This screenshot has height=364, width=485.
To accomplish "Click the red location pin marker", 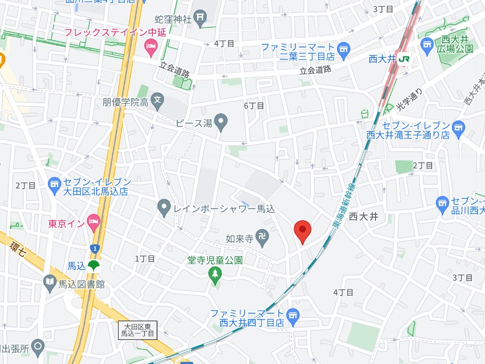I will click(303, 231).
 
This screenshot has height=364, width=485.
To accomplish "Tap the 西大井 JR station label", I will click(390, 59).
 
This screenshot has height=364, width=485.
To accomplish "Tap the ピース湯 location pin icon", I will click(221, 122).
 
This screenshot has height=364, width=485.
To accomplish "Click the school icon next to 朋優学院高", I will click(157, 99).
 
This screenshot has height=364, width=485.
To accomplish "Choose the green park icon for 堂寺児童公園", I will click(215, 274).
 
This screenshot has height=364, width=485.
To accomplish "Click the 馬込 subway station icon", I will click(93, 265).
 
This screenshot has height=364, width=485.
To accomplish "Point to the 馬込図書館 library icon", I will click(50, 282).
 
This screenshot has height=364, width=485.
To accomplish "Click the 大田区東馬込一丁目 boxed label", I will click(137, 330).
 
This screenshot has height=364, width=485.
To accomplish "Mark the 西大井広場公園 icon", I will click(427, 45).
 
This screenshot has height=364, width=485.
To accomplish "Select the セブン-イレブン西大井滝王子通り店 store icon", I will click(458, 128).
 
